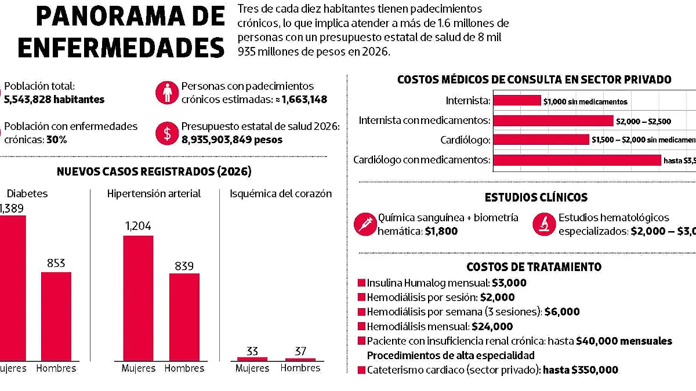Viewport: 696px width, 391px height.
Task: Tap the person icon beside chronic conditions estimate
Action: (167, 93)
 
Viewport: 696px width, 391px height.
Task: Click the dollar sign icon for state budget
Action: (167, 133)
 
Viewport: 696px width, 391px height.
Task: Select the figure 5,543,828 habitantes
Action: (54, 100)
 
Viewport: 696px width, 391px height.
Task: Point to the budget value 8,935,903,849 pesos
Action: (232, 140)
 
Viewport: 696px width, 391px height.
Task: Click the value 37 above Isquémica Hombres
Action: (300, 351)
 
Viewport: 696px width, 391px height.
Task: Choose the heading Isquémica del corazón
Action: (281, 193)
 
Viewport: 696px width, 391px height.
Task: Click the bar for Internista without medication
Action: (517, 101)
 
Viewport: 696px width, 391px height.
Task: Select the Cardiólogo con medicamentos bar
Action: (577, 160)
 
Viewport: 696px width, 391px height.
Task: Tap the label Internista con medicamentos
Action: (425, 120)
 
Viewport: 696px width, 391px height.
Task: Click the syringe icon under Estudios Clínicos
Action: (365, 224)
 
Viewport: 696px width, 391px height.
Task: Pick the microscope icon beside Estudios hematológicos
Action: (543, 224)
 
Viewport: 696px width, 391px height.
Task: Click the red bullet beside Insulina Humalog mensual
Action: (362, 283)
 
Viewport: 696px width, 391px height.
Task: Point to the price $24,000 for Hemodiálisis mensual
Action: (492, 327)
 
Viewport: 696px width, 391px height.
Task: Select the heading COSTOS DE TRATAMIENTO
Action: (534, 267)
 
